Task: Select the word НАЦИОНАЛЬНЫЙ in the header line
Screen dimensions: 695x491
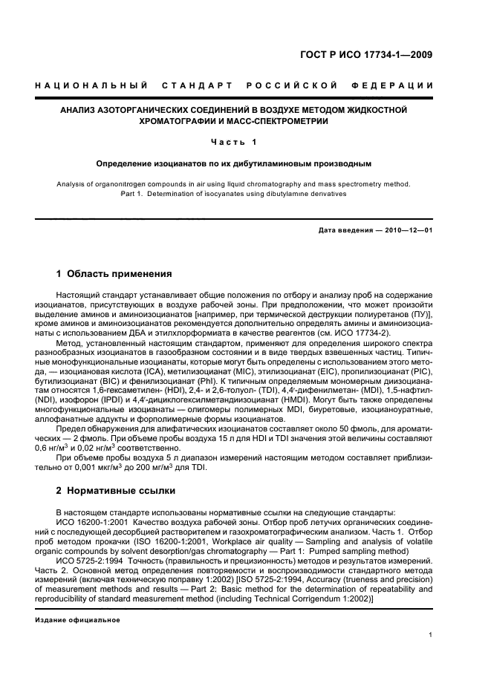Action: [91, 86]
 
